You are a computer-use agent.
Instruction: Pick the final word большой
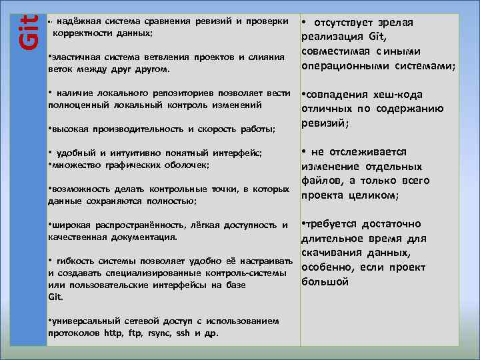tap(325, 282)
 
